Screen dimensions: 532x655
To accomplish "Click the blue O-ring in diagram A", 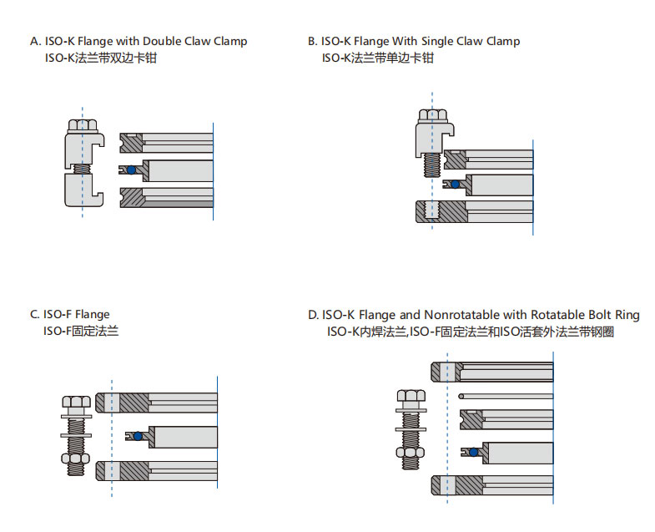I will pyautogui.click(x=131, y=170).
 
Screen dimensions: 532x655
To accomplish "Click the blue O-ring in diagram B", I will pyautogui.click(x=455, y=184).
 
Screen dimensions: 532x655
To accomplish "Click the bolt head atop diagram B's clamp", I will pyautogui.click(x=431, y=116).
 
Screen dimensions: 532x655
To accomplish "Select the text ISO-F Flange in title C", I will pyautogui.click(x=76, y=315).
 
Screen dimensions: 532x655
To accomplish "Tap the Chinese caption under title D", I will pyautogui.click(x=471, y=332).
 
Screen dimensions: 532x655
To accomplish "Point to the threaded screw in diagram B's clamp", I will pyautogui.click(x=431, y=162).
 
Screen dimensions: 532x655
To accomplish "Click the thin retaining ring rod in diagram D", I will pyautogui.click(x=506, y=396).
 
